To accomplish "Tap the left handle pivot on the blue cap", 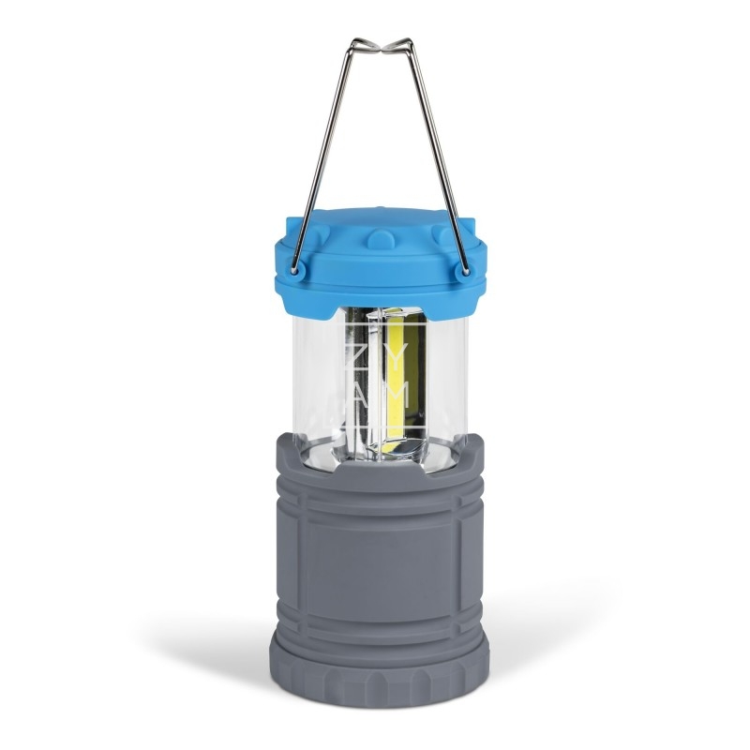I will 298,272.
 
